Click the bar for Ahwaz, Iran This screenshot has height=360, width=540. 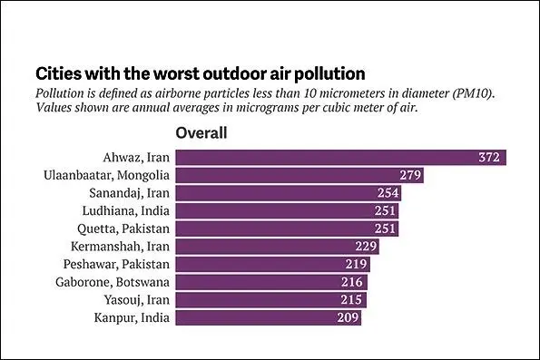[341, 157]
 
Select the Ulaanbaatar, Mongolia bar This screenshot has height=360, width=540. [299, 175]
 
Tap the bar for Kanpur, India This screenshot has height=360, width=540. [269, 317]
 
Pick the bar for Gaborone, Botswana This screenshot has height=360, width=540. [271, 282]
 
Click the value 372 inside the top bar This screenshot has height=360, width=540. [489, 157]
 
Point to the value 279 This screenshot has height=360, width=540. [410, 175]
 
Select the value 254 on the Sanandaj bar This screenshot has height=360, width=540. [388, 193]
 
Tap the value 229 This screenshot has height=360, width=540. [366, 247]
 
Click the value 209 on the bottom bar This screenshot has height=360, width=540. [349, 317]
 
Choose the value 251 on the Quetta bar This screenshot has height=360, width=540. [385, 229]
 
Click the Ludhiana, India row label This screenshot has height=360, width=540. [126, 211]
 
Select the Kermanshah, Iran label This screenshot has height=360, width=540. [120, 247]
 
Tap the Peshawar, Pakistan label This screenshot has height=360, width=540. [116, 264]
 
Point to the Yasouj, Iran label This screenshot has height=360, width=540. [137, 300]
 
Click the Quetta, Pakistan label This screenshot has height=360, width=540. [123, 229]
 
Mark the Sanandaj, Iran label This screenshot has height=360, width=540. [130, 193]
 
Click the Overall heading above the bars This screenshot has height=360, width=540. [201, 133]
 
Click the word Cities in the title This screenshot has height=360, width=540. [57, 73]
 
